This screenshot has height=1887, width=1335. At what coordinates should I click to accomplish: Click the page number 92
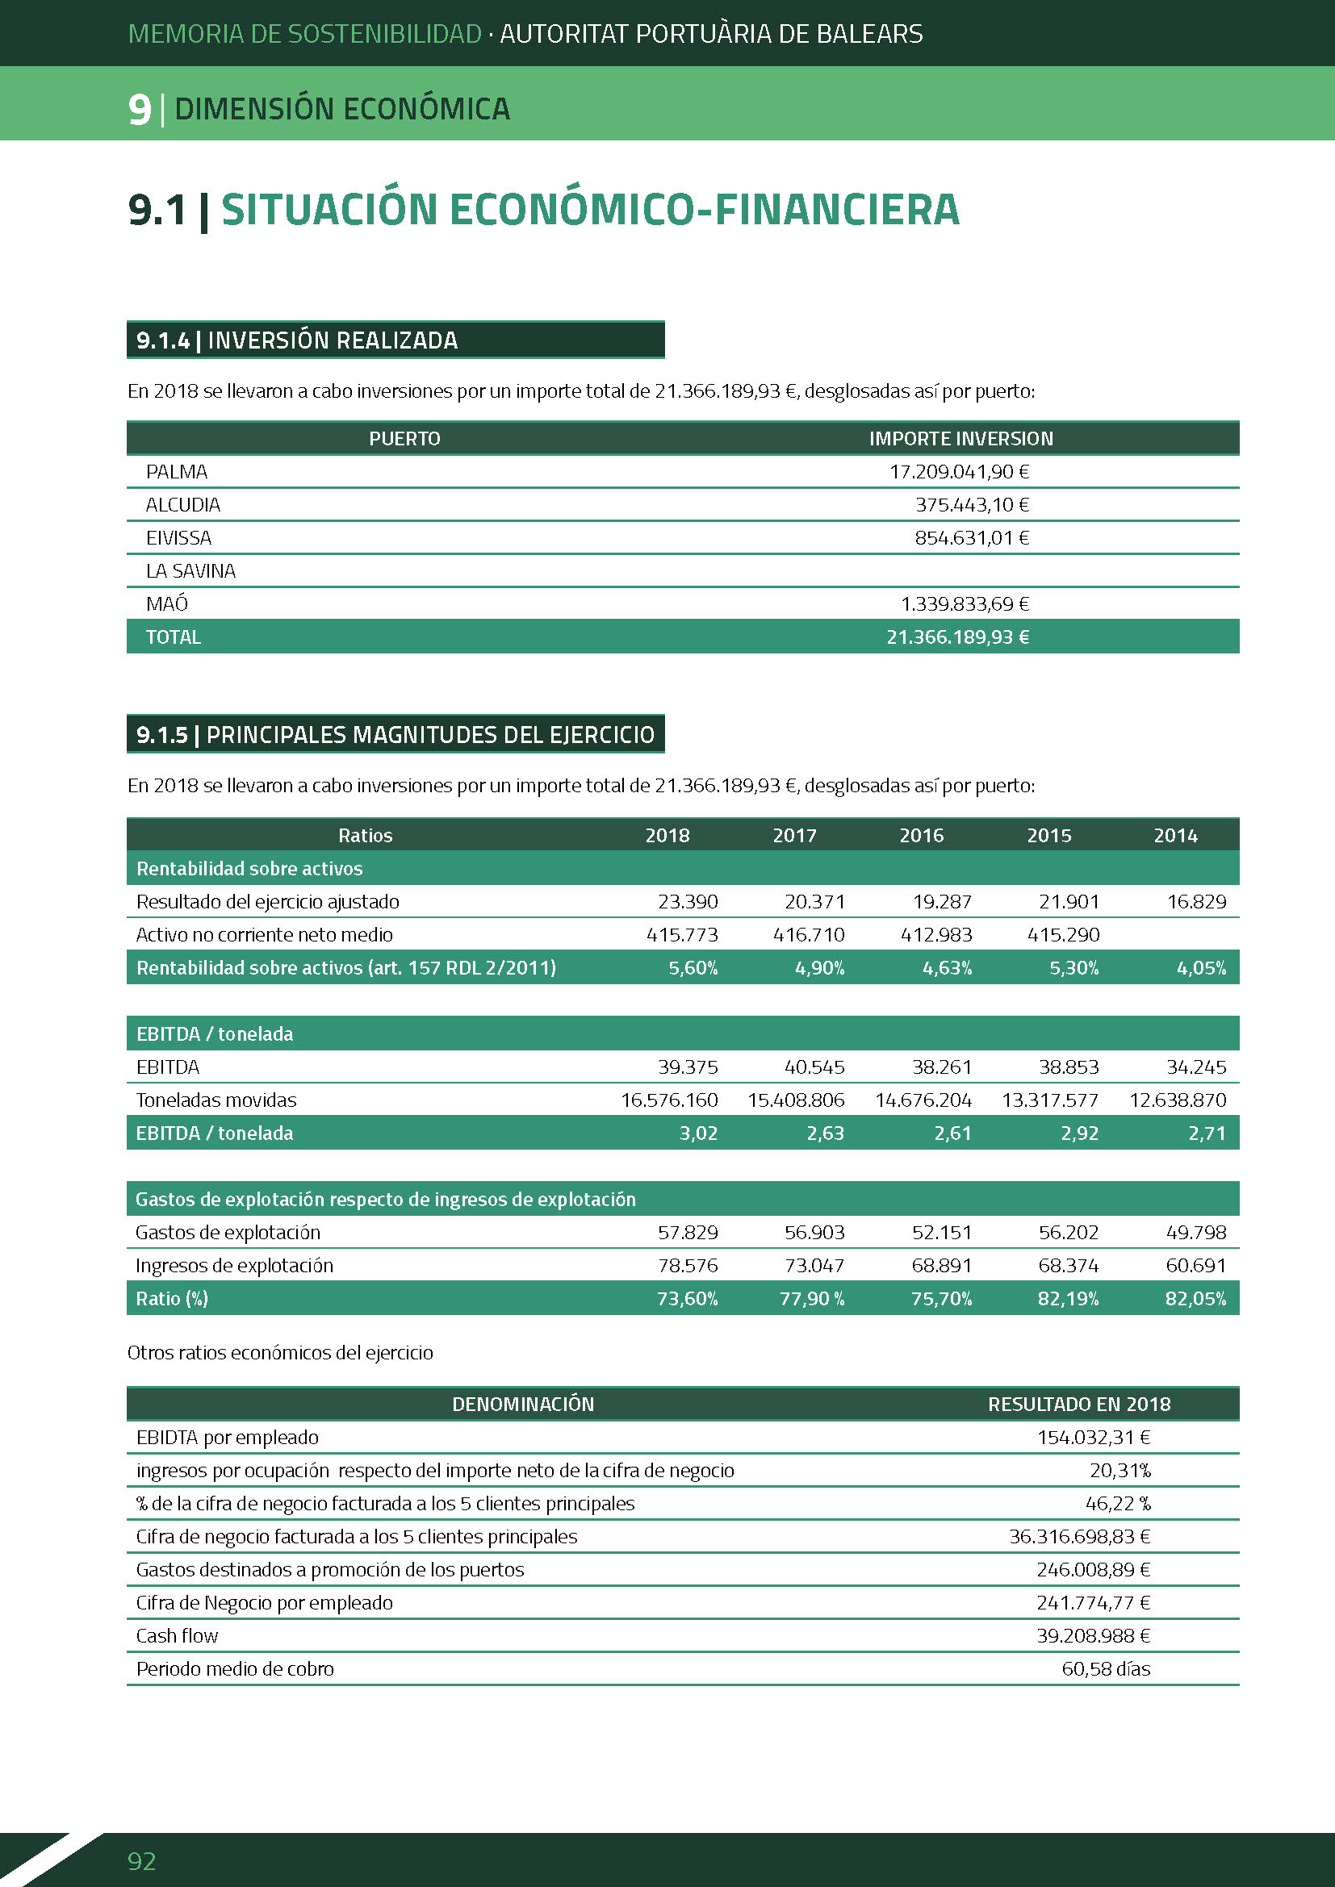[x=141, y=1860]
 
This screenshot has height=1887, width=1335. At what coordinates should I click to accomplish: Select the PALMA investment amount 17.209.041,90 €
[x=959, y=472]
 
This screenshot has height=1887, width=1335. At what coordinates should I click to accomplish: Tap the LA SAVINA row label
[x=190, y=570]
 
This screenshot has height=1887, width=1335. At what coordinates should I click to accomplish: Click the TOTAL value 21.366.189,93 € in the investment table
[x=957, y=637]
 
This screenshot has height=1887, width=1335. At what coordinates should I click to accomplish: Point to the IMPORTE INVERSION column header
[x=960, y=439]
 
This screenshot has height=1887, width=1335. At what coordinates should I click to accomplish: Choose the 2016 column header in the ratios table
[x=921, y=836]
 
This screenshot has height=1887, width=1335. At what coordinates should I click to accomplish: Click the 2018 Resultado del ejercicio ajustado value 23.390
[x=687, y=902]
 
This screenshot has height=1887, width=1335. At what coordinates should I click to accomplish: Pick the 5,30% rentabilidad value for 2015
[x=1073, y=968]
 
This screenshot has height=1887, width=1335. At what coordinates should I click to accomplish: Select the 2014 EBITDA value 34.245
[x=1195, y=1067]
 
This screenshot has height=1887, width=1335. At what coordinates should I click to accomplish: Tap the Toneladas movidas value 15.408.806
[x=795, y=1100]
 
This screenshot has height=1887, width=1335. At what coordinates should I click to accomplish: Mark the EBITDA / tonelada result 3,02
[x=698, y=1133]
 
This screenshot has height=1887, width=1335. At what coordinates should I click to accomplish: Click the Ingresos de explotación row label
[x=234, y=1266]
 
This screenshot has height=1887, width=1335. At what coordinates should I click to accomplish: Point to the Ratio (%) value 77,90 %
[x=811, y=1299]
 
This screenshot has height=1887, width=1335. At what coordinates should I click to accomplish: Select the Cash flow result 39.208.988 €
[x=1093, y=1635]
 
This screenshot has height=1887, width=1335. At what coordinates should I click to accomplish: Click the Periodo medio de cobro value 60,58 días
[x=1106, y=1668]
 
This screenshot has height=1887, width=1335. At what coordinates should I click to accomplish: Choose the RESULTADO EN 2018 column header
[x=1078, y=1404]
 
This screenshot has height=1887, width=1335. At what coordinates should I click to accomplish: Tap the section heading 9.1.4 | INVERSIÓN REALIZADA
[x=297, y=340]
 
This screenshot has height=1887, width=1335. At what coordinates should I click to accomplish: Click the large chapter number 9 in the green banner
[x=140, y=109]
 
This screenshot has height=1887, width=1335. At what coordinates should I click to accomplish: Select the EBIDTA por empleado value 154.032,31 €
[x=1093, y=1438]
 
